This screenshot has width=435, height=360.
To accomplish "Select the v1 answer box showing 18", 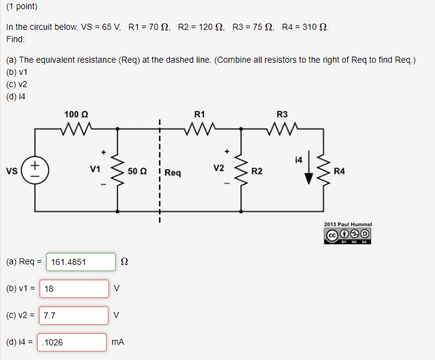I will [74, 289].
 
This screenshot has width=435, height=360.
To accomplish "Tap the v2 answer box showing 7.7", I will [74, 316].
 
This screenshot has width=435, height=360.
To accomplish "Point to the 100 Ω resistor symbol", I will [76, 129].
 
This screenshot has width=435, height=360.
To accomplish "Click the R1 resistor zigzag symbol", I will [200, 129].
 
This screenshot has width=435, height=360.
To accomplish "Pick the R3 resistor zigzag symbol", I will [281, 129].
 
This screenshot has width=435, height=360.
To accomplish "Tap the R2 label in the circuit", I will [257, 172].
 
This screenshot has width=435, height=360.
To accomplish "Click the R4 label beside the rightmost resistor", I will [339, 171].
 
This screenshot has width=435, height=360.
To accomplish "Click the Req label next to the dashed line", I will [172, 173].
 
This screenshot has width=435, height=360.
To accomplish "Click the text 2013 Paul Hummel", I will [347, 224].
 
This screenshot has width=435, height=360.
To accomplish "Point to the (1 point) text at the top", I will [21, 7].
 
